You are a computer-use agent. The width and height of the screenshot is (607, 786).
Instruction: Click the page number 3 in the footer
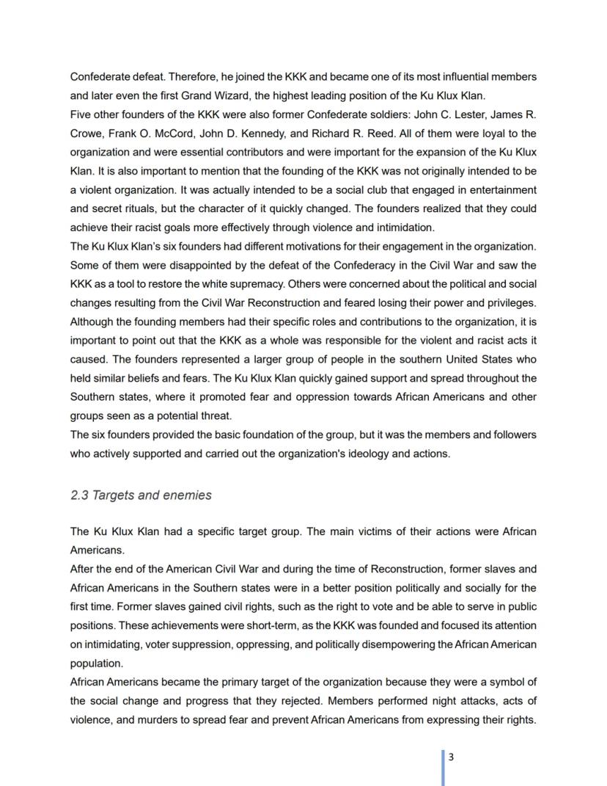click(451, 757)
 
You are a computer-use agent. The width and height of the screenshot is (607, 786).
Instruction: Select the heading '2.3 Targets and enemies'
click(141, 495)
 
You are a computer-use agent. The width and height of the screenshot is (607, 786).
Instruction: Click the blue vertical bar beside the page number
click(444, 767)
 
